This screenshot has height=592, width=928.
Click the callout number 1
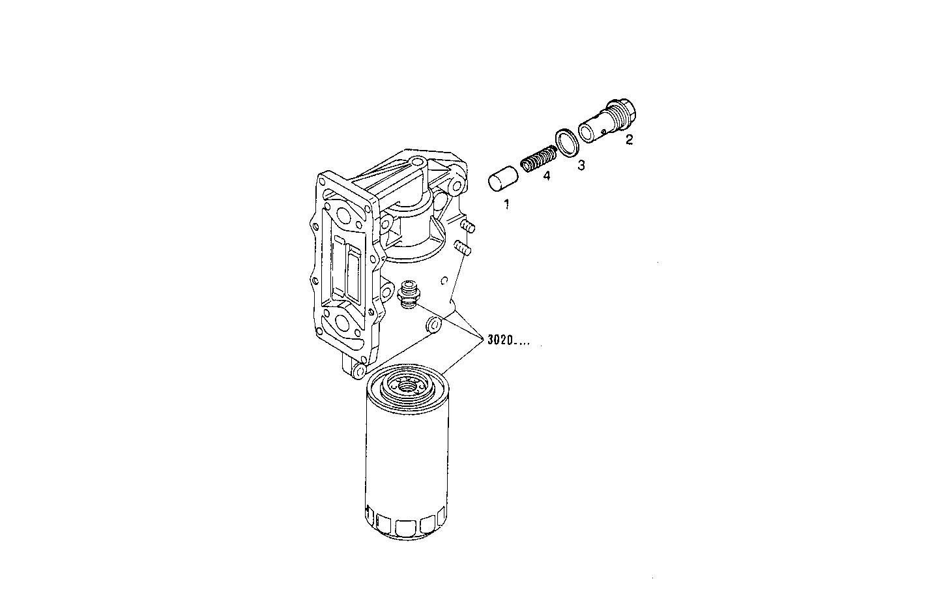(506, 204)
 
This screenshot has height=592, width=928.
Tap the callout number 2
(629, 139)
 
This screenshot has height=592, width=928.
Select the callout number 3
(581, 166)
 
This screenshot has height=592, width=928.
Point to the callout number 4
(546, 176)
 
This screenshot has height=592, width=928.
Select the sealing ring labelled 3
(566, 143)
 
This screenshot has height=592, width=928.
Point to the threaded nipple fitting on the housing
(409, 294)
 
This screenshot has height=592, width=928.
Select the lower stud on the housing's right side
(462, 248)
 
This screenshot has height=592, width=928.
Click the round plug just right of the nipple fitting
(432, 325)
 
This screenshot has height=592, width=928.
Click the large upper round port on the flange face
(340, 215)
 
